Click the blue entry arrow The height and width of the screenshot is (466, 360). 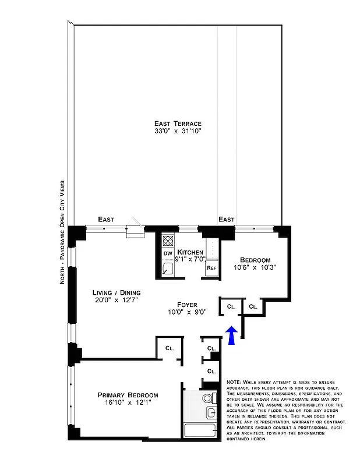[231, 336]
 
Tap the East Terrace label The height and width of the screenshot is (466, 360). [178, 123]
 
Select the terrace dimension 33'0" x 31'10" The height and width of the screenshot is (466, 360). [178, 132]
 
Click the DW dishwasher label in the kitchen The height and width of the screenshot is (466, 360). [167, 253]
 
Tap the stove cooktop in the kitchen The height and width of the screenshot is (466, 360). [167, 240]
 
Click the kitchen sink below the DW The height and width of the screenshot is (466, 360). [167, 269]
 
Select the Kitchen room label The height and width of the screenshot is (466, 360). [190, 252]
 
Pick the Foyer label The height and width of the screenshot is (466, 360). [188, 304]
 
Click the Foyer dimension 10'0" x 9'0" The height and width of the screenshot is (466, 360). [188, 312]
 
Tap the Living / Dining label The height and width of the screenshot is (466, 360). [117, 292]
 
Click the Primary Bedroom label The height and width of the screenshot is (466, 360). [128, 395]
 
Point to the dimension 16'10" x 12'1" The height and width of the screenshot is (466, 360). [128, 404]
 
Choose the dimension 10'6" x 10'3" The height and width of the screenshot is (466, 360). [254, 268]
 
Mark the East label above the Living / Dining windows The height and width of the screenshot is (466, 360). [105, 219]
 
